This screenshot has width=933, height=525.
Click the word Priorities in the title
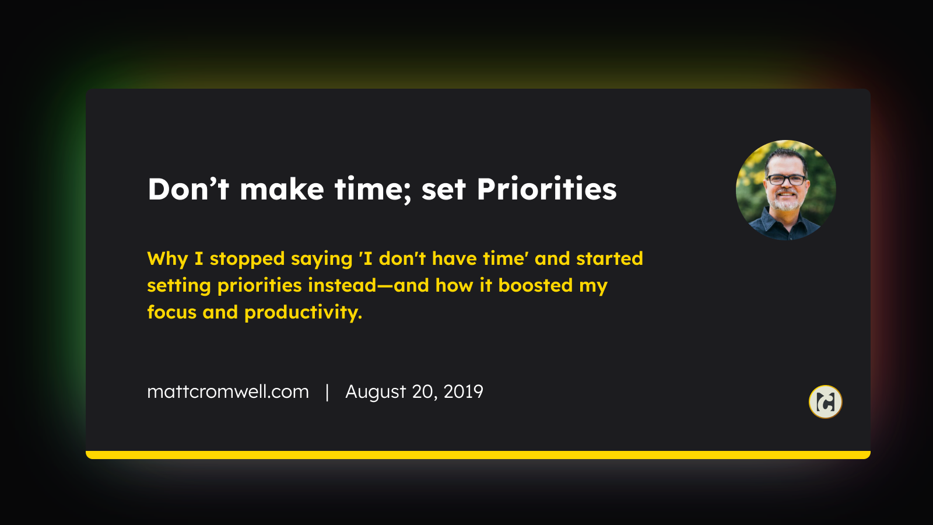[546, 189]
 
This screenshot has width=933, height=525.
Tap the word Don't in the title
[188, 189]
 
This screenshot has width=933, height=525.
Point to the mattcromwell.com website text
[228, 391]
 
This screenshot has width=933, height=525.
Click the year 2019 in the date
[463, 391]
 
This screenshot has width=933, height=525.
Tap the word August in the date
[376, 393]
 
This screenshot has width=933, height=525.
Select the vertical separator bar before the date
[327, 392]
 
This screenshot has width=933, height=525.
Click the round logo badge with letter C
[826, 402]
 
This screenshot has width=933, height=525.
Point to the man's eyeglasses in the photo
[787, 180]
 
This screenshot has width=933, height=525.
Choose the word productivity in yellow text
[303, 313]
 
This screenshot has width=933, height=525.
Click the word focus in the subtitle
[171, 312]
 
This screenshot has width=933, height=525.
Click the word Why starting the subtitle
[167, 259]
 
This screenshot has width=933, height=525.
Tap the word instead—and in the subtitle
[369, 285]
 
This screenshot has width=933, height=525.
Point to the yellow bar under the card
[478, 454]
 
